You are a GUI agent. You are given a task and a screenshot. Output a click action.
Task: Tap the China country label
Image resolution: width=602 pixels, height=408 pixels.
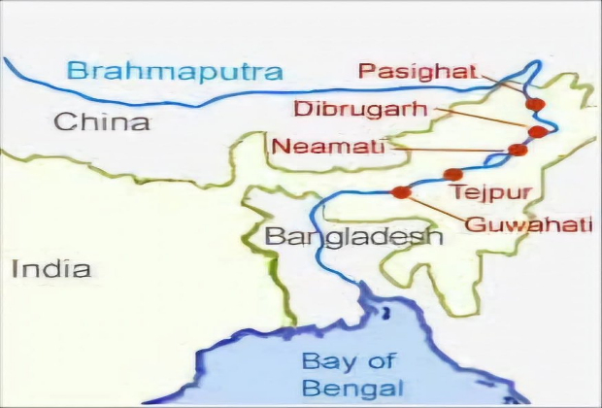[102, 122]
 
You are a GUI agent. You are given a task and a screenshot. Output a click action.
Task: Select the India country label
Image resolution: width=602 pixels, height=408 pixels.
[50, 268]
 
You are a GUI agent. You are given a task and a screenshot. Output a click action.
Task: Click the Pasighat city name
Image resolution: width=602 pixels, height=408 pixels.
[418, 71]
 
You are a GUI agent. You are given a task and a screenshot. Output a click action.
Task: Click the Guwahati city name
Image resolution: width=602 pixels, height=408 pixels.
[528, 225]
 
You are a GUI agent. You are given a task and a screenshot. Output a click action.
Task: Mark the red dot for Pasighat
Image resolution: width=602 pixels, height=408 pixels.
[533, 103]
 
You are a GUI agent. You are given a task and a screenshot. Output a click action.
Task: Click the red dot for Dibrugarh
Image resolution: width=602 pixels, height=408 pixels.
[535, 130]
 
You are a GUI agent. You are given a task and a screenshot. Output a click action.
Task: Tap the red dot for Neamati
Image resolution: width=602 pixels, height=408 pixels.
[518, 150]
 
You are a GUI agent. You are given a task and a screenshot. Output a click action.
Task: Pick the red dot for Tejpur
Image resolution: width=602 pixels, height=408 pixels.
[451, 174]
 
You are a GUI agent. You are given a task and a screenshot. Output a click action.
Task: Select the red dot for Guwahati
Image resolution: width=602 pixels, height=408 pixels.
[400, 191]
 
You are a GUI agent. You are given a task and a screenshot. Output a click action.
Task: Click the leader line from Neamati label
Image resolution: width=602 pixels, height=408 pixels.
[447, 149]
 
